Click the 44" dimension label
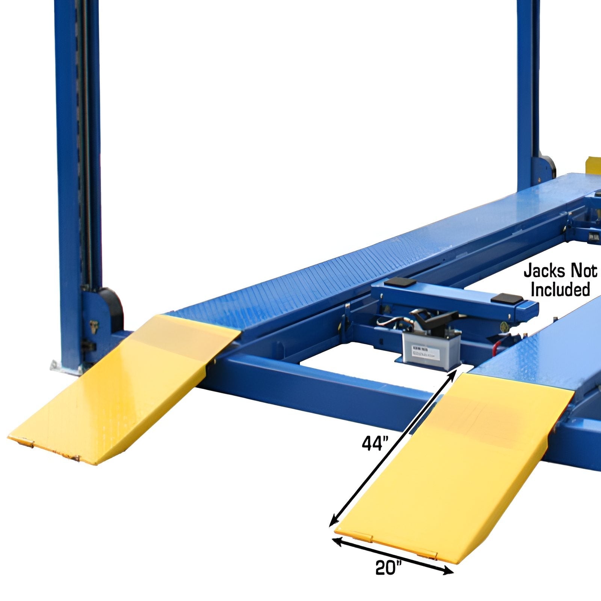point(374,444)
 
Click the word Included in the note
point(560,290)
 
